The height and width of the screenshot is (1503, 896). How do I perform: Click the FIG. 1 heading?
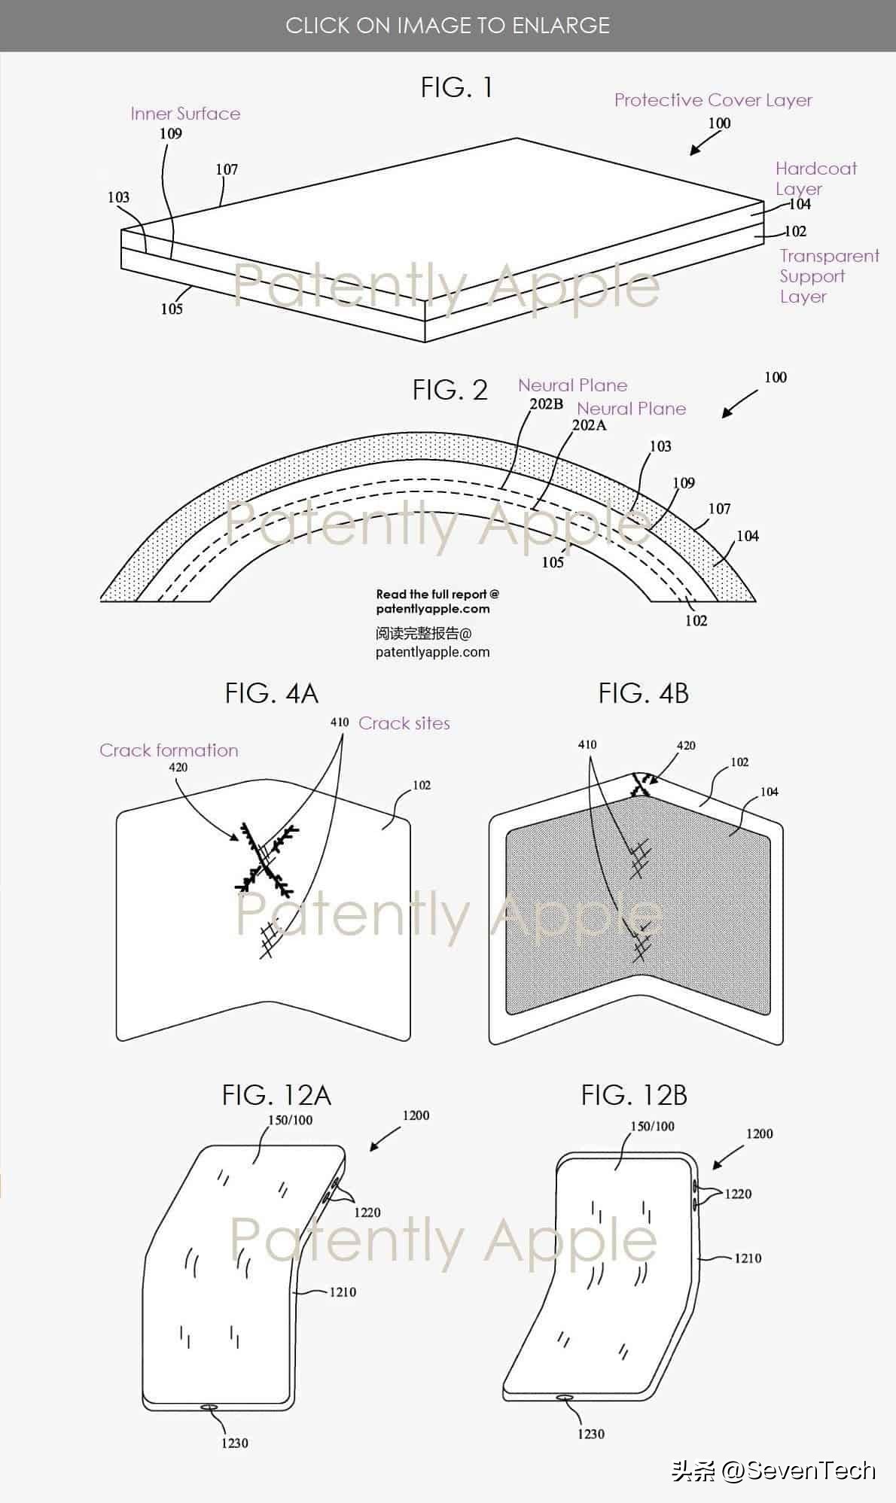pos(456,88)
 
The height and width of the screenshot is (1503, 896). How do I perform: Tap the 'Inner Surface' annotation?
pos(185,114)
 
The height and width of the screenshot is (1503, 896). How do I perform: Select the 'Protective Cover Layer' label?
pos(713,100)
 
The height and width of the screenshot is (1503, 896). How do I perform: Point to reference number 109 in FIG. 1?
pos(171,133)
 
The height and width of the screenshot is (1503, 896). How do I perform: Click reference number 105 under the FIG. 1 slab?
pos(172,309)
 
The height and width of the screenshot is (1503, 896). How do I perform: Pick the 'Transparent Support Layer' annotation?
pos(829,276)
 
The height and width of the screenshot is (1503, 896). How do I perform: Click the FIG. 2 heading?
pos(450,390)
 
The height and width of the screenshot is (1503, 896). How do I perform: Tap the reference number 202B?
pos(547,404)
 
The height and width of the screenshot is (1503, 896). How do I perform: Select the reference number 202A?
pos(590,425)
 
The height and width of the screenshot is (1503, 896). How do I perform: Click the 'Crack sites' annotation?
pos(404,723)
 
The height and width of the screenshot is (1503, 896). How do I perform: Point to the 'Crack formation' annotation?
pos(169,750)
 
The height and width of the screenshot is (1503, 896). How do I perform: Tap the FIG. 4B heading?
pos(644,693)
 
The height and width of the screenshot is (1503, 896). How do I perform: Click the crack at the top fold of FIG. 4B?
pos(641,785)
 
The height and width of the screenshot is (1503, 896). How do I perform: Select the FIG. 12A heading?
pos(276,1095)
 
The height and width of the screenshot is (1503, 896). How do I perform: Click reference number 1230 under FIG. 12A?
pos(235,1443)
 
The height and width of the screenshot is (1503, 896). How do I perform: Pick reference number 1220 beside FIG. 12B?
pos(738,1194)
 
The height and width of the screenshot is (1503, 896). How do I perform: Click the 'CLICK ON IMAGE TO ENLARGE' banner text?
pos(448,26)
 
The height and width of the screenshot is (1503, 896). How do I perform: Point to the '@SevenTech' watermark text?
pos(798,1471)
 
